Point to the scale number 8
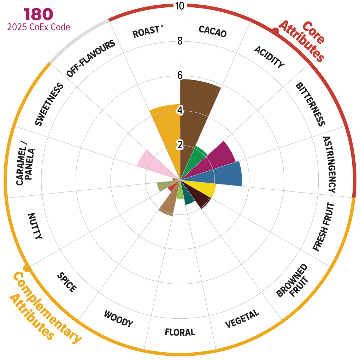click(180, 41)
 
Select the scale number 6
click(180, 76)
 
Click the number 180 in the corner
click(38, 14)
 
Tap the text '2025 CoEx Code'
click(38, 27)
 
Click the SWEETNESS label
click(49, 105)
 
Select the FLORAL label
click(180, 332)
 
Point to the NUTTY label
click(35, 226)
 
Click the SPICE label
click(67, 282)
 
